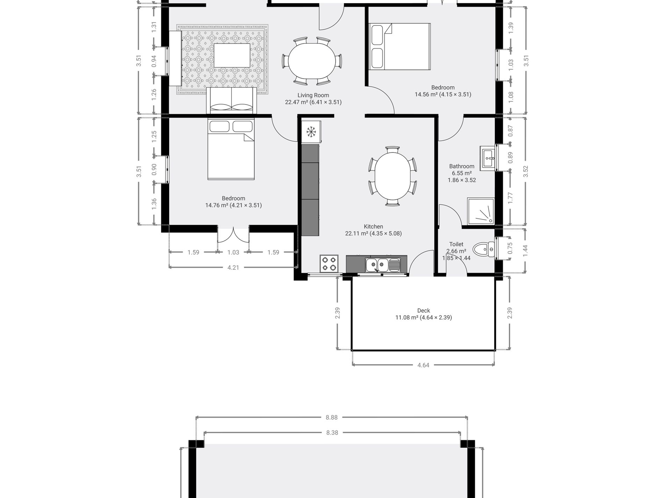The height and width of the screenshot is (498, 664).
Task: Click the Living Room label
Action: point(313,95)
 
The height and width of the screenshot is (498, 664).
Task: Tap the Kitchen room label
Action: point(373,226)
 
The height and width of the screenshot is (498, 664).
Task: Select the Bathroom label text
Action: point(462,166)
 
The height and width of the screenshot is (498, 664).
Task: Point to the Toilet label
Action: point(456,244)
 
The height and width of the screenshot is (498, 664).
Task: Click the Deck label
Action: point(424,311)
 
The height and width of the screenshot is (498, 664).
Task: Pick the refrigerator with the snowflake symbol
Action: point(311,132)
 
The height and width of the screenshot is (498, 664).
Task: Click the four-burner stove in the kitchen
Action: point(329,264)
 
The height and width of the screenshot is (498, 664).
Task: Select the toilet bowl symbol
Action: point(484,249)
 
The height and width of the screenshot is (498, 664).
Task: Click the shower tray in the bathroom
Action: point(481,211)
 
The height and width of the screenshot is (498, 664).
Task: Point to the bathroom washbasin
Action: point(488,158)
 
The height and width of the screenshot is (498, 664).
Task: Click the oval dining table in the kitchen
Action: point(392,176)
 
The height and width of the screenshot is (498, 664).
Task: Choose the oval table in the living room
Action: point(312,61)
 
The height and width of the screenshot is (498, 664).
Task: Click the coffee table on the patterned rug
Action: point(232,55)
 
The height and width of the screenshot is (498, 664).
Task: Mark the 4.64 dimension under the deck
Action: point(423,365)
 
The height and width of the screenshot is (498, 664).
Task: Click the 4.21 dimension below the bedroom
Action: point(233,268)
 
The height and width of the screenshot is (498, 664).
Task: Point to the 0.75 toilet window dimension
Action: point(510,248)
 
